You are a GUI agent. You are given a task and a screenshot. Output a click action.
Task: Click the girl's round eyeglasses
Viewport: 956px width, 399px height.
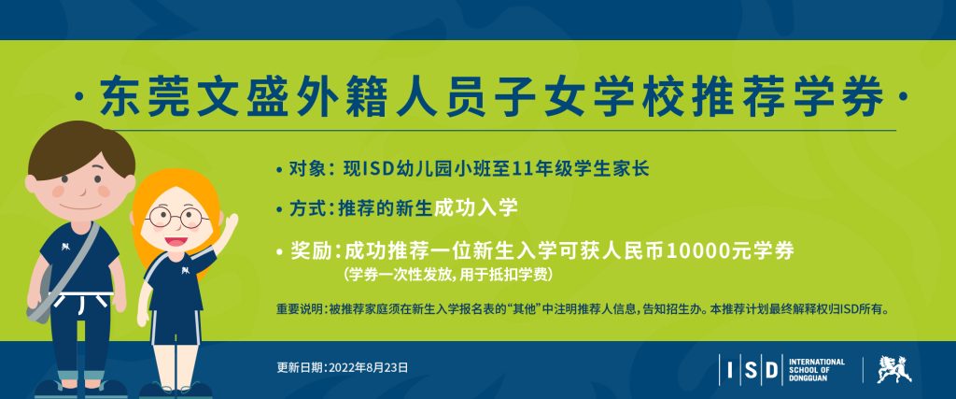pyautogui.click(x=176, y=217)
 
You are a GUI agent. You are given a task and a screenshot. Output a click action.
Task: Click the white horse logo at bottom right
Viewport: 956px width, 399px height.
pyautogui.click(x=894, y=369)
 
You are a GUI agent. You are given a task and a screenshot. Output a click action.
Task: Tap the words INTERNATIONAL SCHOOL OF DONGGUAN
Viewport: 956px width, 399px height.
pyautogui.click(x=816, y=370)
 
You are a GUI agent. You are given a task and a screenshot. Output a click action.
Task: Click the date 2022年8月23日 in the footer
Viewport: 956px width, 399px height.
pyautogui.click(x=368, y=368)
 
